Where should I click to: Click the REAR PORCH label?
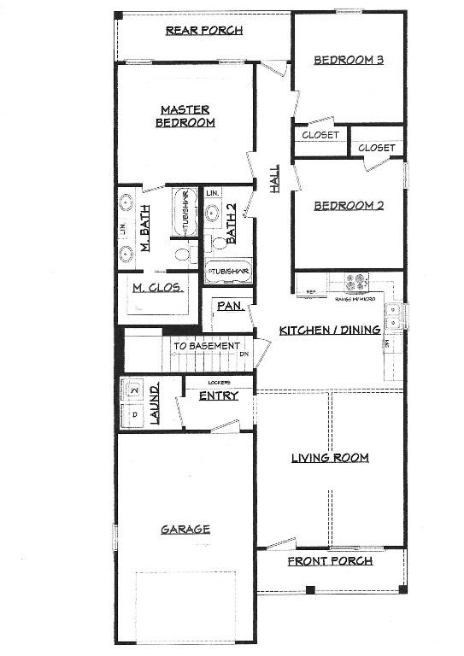tap(204, 31)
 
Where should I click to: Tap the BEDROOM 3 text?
tap(348, 60)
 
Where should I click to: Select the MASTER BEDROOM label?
tap(185, 116)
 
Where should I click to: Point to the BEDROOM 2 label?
tap(348, 206)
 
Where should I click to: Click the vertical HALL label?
tap(275, 178)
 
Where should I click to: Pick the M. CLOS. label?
tap(158, 288)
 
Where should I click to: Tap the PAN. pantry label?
tap(228, 304)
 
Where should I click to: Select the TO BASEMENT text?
tap(207, 346)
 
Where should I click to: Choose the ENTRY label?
tap(218, 395)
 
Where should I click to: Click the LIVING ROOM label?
tap(330, 459)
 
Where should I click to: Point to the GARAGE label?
tap(185, 530)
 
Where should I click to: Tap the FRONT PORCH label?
tap(330, 561)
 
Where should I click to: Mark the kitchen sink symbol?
tap(394, 317)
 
